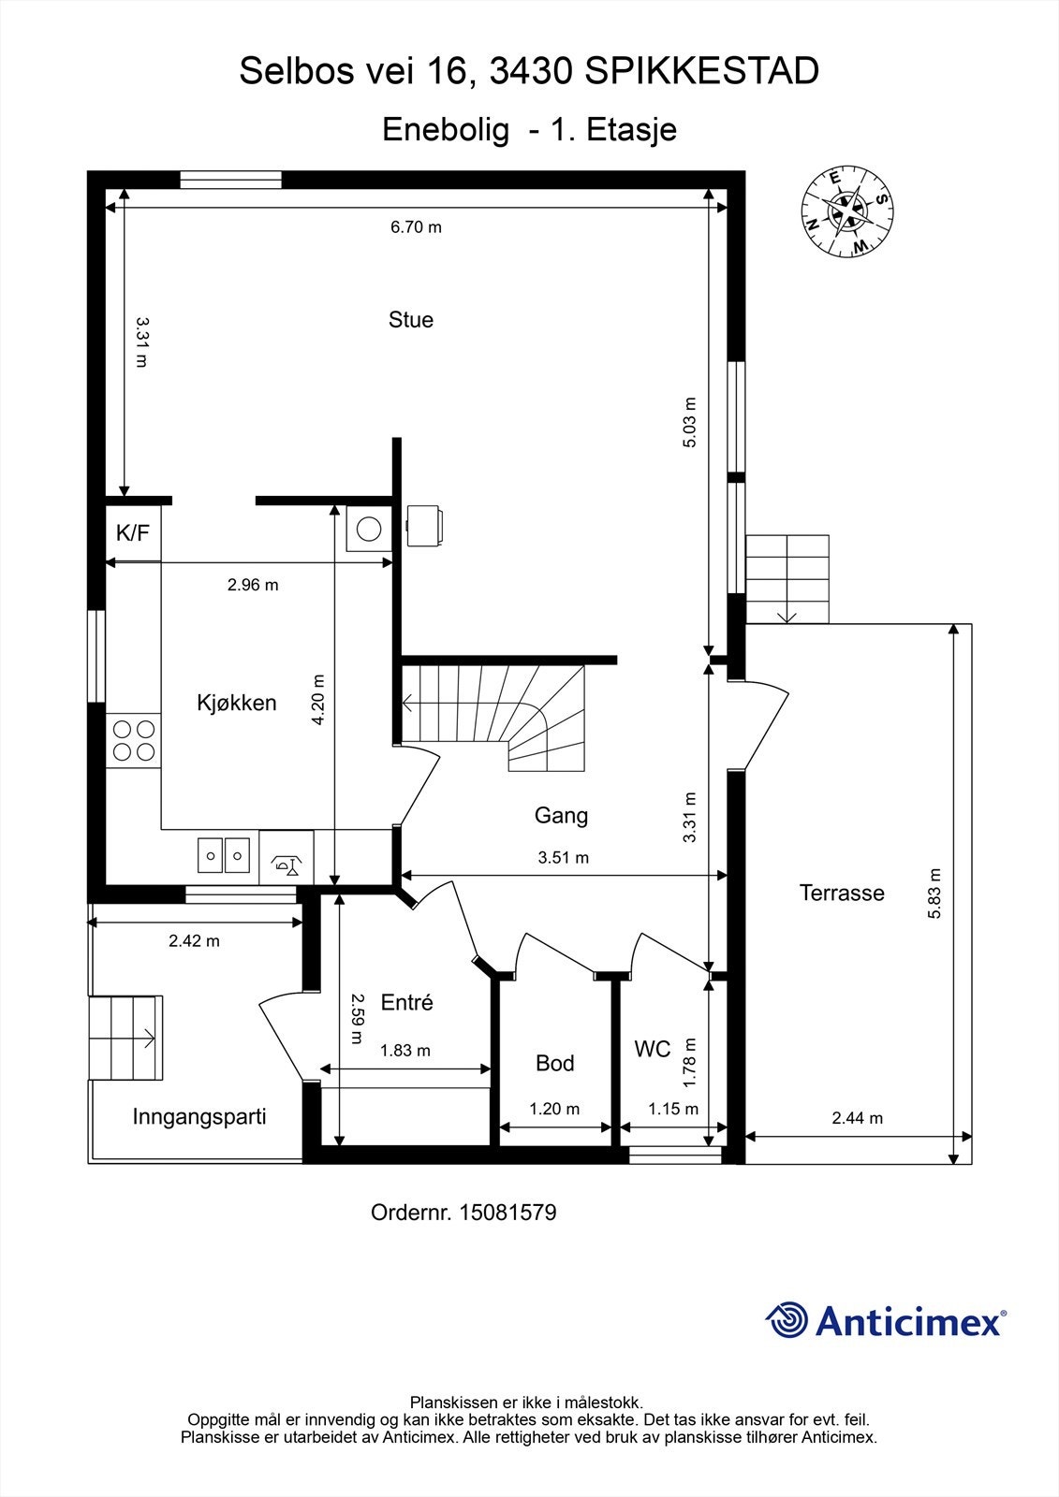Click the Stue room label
coord(411,319)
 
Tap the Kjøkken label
coord(236,703)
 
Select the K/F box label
coord(132,532)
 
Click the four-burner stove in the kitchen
coord(134,740)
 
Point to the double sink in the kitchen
coord(224,855)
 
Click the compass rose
coord(847,211)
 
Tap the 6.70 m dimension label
coord(416,227)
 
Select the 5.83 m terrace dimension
coord(934,893)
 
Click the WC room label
coord(653,1049)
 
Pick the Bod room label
coord(554,1063)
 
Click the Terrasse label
coord(842,893)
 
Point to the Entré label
coord(406,1002)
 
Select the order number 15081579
coord(507,1213)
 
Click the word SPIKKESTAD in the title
coord(701,71)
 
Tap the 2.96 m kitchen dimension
coord(253,585)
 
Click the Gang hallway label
coord(561,815)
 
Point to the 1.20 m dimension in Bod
coord(554,1109)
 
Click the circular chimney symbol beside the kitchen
coord(369,529)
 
